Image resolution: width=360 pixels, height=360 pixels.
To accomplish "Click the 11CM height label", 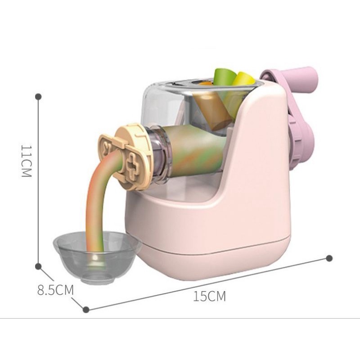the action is [26, 161].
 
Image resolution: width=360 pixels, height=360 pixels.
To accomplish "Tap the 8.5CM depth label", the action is [55, 289].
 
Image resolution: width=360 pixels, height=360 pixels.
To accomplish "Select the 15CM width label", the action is [210, 297].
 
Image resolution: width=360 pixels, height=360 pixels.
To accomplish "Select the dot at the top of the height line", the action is [39, 96].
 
